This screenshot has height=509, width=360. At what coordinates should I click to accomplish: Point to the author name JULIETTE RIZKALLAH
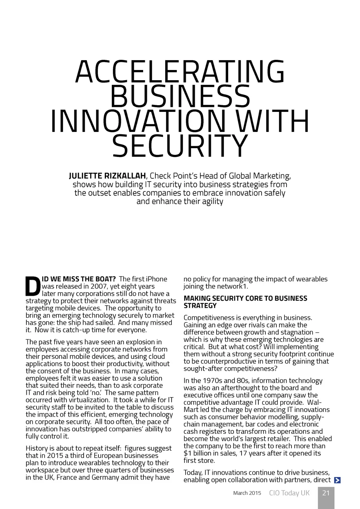[107, 176]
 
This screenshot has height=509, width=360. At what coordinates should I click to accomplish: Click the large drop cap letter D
[33, 287]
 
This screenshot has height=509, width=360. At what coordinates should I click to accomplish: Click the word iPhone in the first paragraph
[156, 279]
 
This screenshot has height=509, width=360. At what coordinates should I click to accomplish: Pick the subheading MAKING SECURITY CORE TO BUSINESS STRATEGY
[245, 302]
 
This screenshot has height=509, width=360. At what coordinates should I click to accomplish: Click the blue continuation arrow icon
[337, 480]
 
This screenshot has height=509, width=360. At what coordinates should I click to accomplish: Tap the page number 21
[326, 493]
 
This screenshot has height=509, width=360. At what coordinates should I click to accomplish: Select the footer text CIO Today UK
[289, 493]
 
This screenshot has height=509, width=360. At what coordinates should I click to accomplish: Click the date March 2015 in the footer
[247, 493]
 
